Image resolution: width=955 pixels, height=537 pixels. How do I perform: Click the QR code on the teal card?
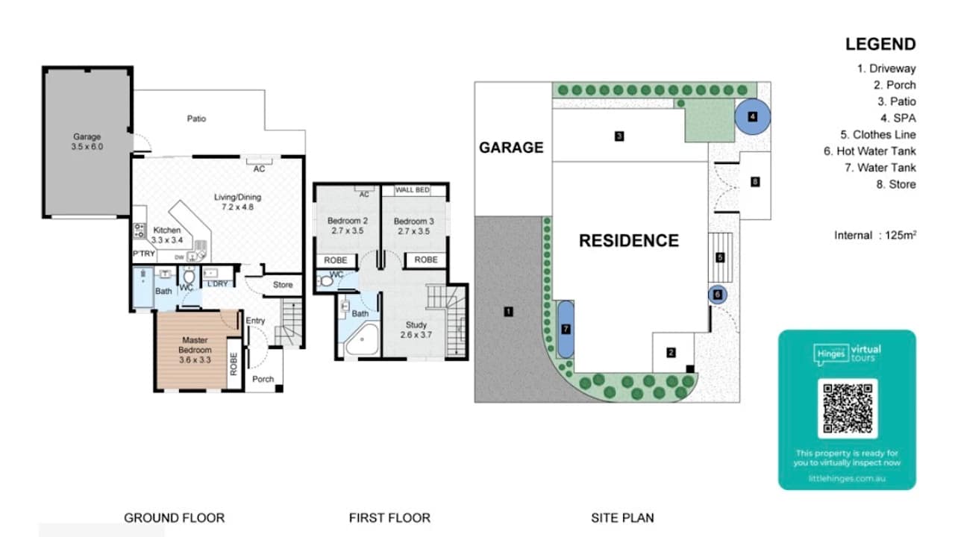point(847,408)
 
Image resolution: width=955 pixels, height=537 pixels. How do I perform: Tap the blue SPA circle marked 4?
point(753,116)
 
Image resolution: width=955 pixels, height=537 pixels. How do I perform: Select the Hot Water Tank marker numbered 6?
point(717,295)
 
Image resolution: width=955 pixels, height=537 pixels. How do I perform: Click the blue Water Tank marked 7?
point(566,328)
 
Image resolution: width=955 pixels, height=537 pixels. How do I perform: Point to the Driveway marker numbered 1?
point(508,311)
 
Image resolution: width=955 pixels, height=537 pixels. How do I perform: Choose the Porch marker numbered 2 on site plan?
point(671,353)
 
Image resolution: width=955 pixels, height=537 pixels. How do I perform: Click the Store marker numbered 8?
point(755,182)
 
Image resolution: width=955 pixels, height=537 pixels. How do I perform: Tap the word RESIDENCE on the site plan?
point(629,241)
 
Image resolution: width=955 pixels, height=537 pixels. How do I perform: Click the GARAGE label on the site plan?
point(511,148)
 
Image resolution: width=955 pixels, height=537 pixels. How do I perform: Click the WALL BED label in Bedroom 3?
point(412,190)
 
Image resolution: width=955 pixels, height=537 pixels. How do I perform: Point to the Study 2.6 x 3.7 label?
point(416,330)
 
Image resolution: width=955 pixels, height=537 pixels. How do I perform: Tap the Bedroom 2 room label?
point(348,226)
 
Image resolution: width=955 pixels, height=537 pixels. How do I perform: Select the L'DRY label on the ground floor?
point(218,284)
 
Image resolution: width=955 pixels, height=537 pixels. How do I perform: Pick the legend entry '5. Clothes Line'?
point(877,135)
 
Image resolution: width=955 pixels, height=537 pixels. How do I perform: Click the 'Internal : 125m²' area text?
point(874,235)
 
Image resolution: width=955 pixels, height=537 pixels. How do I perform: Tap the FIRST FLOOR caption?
point(389,518)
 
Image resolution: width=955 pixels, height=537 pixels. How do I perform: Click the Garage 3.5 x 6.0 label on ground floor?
point(87,142)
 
